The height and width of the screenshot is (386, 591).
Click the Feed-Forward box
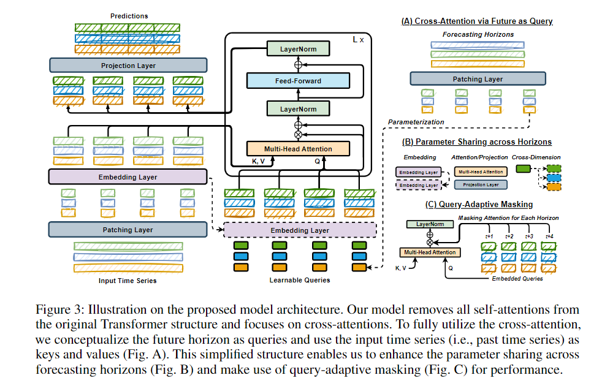click(x=297, y=80)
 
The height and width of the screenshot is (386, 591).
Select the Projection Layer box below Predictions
click(x=128, y=66)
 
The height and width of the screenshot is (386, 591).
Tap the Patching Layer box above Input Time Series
click(x=128, y=230)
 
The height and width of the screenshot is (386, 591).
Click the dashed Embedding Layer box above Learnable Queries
click(x=300, y=230)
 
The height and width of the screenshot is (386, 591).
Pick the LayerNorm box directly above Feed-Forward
click(x=297, y=48)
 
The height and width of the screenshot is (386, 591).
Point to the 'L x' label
click(x=359, y=39)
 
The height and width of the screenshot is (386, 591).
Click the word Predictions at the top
click(x=129, y=16)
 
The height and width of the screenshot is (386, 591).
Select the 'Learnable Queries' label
click(x=300, y=280)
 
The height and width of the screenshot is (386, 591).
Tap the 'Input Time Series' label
click(x=128, y=281)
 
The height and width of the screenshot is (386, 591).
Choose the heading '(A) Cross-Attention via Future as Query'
click(x=477, y=21)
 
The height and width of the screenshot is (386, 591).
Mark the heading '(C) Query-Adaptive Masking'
click(x=476, y=205)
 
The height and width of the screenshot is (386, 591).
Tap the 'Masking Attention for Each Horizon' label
click(x=508, y=218)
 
